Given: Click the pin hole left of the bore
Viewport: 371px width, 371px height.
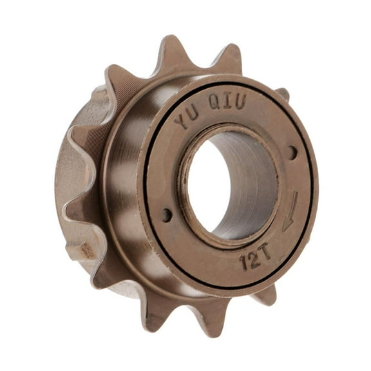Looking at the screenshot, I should [167, 215].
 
